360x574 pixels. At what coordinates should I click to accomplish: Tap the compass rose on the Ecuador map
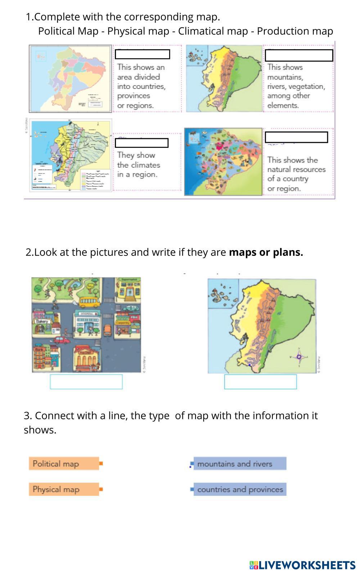(299, 357)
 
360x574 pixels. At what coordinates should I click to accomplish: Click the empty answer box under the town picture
(86, 382)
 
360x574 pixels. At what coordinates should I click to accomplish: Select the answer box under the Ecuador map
(260, 382)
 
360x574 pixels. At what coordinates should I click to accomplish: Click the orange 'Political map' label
(64, 464)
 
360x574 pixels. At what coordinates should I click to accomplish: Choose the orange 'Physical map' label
(64, 489)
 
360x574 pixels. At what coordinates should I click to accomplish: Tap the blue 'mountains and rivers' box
(240, 464)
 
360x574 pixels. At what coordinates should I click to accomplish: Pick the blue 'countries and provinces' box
(240, 489)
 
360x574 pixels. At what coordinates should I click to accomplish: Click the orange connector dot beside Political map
(101, 463)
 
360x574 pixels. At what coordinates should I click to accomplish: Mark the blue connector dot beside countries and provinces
(192, 489)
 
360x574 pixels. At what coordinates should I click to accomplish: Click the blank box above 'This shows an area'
(142, 54)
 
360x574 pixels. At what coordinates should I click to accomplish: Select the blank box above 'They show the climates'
(141, 143)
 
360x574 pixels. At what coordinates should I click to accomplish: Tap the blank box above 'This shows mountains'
(299, 55)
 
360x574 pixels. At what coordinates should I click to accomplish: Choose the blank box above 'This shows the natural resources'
(296, 137)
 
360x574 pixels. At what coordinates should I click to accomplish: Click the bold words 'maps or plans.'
(266, 252)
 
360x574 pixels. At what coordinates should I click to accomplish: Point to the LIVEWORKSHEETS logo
(302, 565)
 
